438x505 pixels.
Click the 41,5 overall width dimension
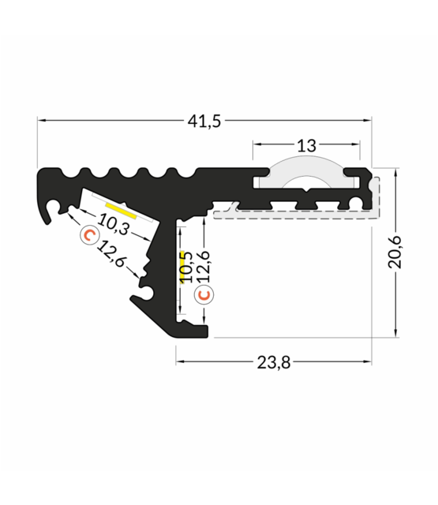point(204,121)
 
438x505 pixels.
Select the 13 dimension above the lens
point(307,144)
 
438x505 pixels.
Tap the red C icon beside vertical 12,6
point(204,295)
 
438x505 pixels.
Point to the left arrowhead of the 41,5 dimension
point(42,121)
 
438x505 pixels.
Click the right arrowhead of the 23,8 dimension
point(368,362)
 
